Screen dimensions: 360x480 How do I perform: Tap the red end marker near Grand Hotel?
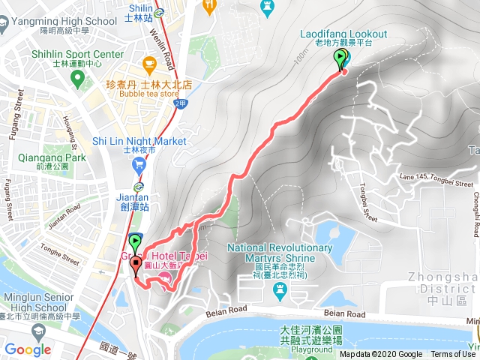pos(136,264)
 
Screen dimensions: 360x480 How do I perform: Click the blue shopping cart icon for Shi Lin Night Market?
pos(139,165)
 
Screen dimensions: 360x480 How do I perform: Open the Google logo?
pos(28,349)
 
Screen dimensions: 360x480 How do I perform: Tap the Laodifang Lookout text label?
pos(343,34)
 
